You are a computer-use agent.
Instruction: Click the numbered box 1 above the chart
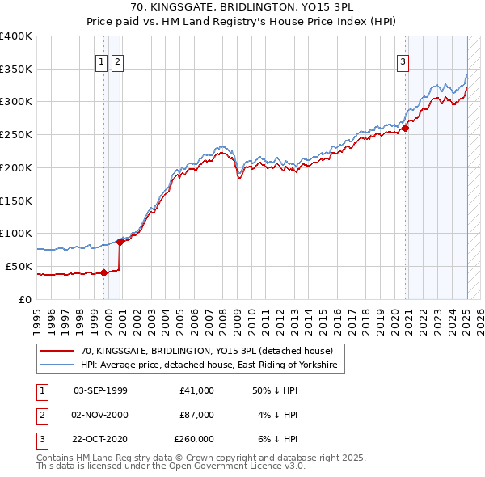point(102,61)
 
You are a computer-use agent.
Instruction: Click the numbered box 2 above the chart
point(117,61)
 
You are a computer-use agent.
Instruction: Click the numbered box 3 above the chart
point(403,61)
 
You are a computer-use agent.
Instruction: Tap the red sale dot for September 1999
point(103,272)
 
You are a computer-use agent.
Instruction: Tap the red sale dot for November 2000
point(120,242)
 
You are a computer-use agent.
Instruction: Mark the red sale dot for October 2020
point(406,127)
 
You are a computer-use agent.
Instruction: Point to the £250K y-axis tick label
point(16,134)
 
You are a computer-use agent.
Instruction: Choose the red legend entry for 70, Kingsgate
point(206,351)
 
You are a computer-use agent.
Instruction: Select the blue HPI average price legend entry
point(212,365)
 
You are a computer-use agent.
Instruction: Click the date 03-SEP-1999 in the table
point(100,390)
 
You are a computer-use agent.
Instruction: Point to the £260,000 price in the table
point(194,439)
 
